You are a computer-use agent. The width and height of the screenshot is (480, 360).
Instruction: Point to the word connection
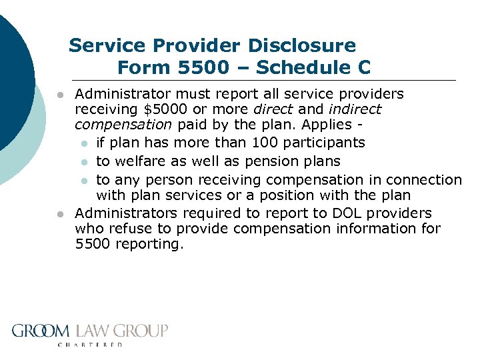(427, 180)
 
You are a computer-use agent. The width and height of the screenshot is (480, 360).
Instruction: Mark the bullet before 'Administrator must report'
(60, 95)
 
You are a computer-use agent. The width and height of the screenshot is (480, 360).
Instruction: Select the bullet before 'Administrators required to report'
(60, 214)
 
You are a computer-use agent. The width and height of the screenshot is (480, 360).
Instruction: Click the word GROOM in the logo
(40, 331)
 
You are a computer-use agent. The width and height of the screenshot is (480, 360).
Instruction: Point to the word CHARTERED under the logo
(91, 345)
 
